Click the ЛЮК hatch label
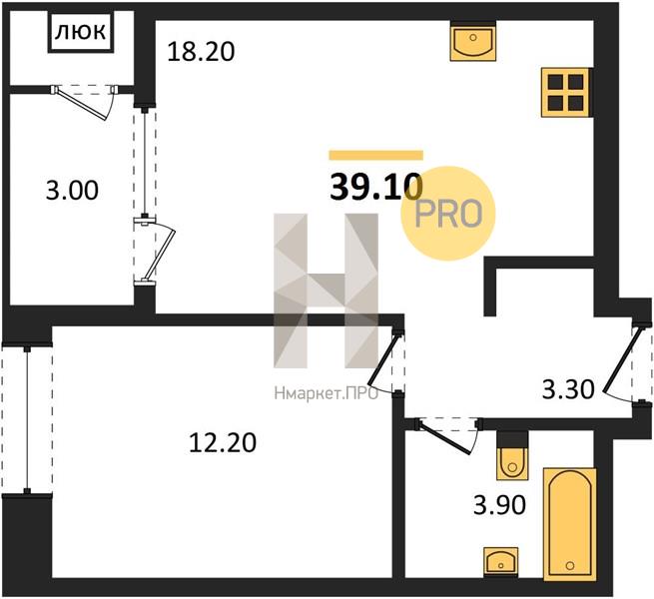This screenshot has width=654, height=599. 81,32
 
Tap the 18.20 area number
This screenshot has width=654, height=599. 201,52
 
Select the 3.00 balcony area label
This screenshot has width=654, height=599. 72,191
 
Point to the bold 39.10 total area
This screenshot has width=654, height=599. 376,188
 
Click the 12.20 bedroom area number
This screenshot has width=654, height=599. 223,443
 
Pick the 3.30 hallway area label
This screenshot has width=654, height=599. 568,390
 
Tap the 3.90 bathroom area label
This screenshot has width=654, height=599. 499,505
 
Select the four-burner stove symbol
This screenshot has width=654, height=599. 565,92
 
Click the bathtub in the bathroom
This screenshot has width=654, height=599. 570,525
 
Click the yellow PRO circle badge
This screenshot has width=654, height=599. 448,214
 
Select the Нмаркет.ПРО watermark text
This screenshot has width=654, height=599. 327,393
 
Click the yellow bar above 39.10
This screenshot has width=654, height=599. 376,155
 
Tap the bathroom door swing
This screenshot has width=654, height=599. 448,436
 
